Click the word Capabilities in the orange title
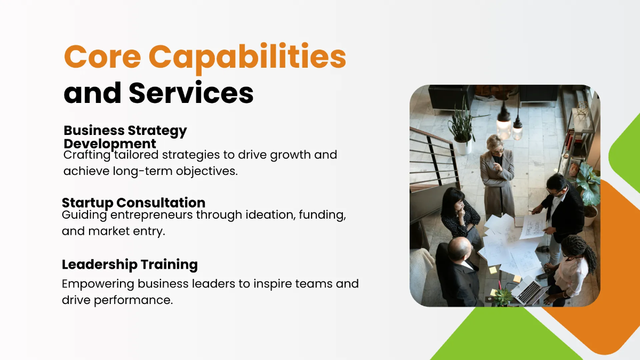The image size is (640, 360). point(247,59)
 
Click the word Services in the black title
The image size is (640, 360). point(191,93)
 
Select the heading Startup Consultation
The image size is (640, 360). point(133,203)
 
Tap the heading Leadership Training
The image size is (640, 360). point(130,265)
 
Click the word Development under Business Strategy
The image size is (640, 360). point(110,143)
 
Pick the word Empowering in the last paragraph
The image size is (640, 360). point(98,284)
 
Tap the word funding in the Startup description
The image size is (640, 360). point(322,215)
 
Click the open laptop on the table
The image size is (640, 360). point(529,290)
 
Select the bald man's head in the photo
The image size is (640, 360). point(459,248)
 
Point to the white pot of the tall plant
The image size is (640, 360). point(463,146)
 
